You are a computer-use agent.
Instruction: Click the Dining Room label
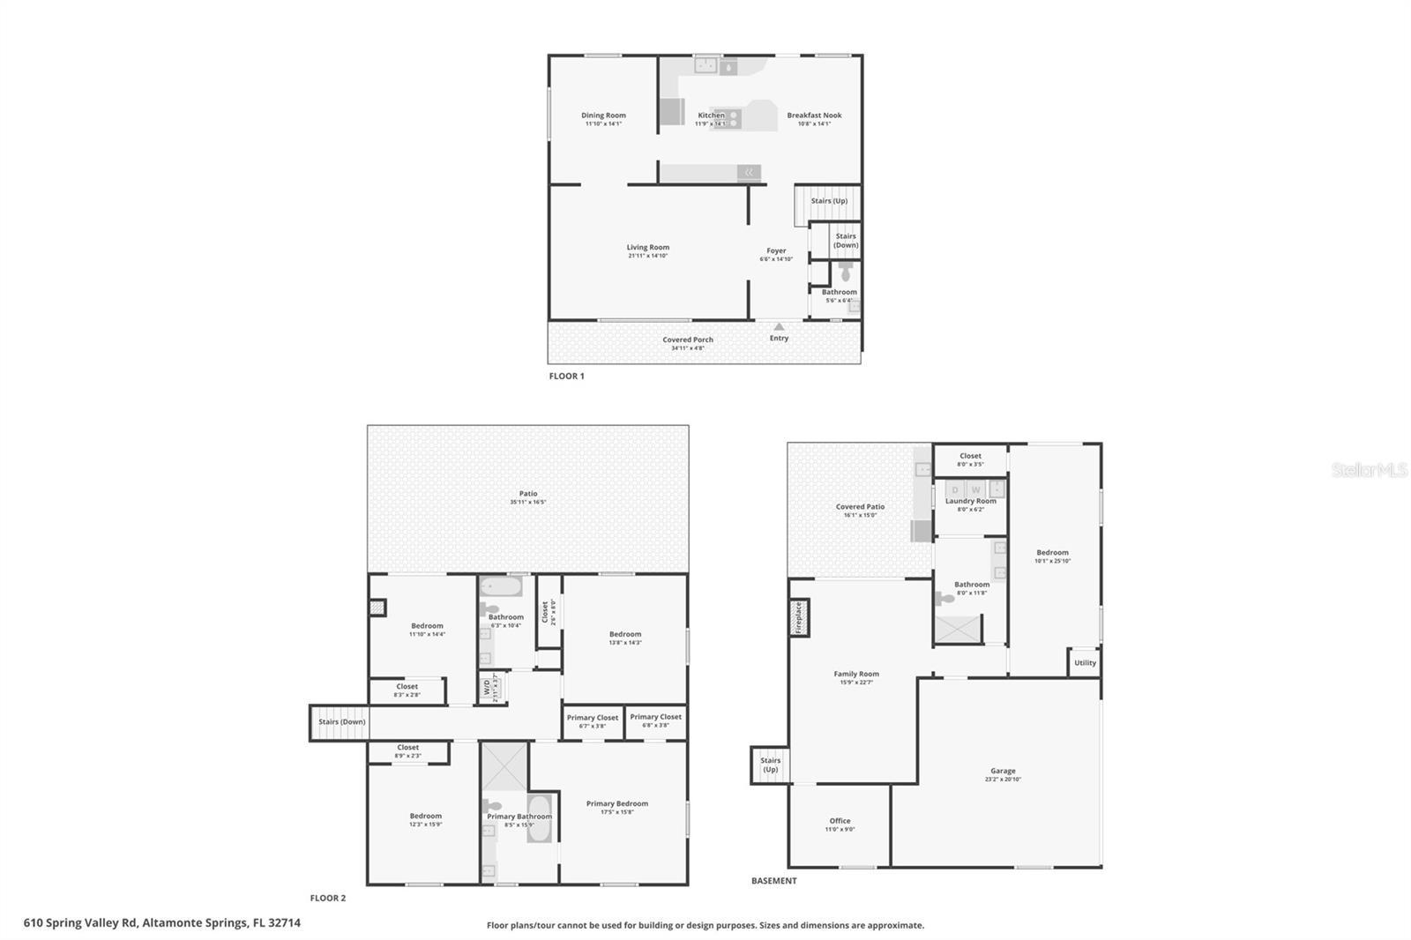[x=603, y=116]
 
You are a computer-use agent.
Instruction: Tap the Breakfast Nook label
[x=814, y=116]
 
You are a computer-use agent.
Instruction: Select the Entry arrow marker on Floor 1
[x=779, y=327]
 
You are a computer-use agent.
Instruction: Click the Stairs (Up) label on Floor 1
[x=829, y=201]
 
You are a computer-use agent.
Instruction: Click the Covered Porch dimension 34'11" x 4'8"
[x=688, y=348]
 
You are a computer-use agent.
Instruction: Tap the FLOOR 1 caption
[x=566, y=377]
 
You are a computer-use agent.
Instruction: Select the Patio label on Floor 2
[x=528, y=494]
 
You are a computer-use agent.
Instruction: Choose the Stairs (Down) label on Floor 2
[x=342, y=722]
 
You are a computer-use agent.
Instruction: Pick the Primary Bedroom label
[x=616, y=803]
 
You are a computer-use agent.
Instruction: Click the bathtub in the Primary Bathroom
[x=539, y=818]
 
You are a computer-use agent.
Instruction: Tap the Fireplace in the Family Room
[x=799, y=617]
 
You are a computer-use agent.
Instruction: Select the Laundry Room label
[x=970, y=501]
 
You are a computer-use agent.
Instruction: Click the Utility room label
[x=1085, y=663]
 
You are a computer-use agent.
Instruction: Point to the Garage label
[x=1003, y=771]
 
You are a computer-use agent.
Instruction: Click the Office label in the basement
[x=840, y=821]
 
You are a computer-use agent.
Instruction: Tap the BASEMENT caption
[x=773, y=881]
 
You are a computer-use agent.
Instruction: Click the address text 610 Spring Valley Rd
[x=161, y=923]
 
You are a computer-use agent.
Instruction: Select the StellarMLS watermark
[x=1369, y=470]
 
